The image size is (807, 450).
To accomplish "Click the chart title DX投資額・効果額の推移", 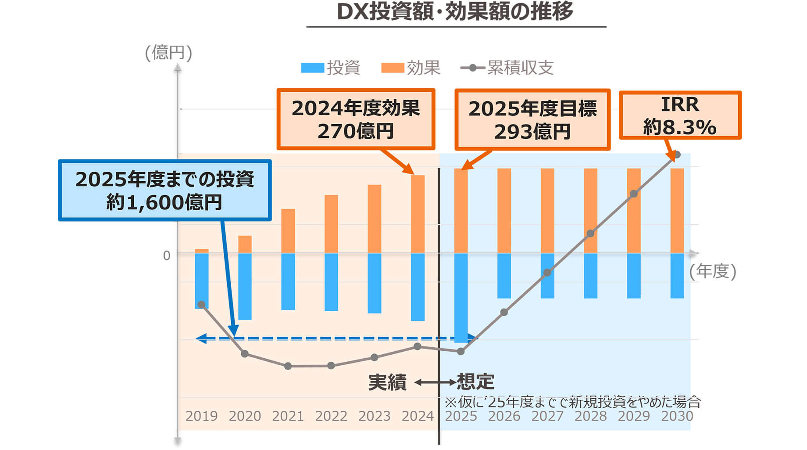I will pos(455,12).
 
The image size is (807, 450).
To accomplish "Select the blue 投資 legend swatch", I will pos(312,68).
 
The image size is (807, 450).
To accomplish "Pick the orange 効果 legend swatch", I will pos(393,68).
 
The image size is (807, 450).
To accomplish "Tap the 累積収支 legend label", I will pos(520,68).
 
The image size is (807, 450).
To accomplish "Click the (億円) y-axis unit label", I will pos(168,53).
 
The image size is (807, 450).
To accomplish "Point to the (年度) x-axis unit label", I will pos(712,271).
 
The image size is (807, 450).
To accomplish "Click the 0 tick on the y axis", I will pos(167,256).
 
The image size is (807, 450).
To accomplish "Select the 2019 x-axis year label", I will pos(201,416).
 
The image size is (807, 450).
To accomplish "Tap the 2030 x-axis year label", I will pos(677,416).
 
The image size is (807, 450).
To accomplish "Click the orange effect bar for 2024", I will pos(418,214).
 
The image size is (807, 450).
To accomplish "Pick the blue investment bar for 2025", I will pos(461,298).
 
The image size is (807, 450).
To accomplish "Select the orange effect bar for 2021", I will pos(288,231).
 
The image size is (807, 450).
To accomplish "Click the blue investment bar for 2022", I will pos(331,282).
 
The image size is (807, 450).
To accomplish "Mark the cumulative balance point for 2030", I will pos(677,155).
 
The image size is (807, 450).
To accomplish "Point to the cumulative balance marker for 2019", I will pos(201,305).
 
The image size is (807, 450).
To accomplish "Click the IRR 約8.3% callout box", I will pos(680,115).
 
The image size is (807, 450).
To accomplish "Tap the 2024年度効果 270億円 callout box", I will pos(356,119).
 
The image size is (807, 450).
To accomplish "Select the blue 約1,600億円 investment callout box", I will pos(164,190).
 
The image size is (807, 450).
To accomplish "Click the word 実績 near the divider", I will pos(387,382).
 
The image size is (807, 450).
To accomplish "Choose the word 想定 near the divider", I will pos(476,382).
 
